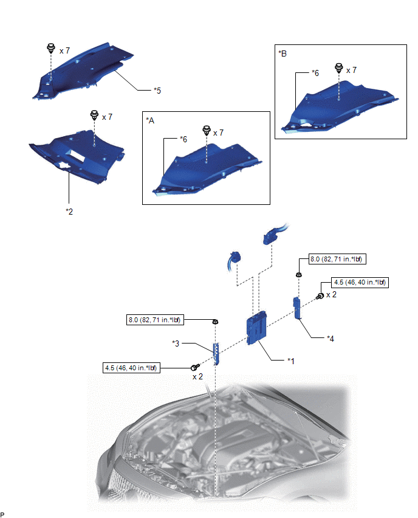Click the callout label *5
[157, 91]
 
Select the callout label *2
[69, 212]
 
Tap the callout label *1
[291, 361]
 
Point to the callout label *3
[176, 344]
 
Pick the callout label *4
[331, 338]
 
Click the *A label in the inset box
[150, 120]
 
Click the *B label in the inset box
[283, 53]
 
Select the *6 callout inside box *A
[183, 139]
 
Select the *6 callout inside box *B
[315, 73]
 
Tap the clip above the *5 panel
[51, 49]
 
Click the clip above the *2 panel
[94, 115]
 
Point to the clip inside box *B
[339, 68]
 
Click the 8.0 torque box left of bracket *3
[155, 320]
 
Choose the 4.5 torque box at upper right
[360, 283]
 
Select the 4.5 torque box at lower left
[131, 368]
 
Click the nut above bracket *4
[298, 275]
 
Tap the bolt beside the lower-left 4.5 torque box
[195, 367]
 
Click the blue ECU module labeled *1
[256, 327]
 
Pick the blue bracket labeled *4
[298, 308]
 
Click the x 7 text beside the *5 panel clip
[65, 50]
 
